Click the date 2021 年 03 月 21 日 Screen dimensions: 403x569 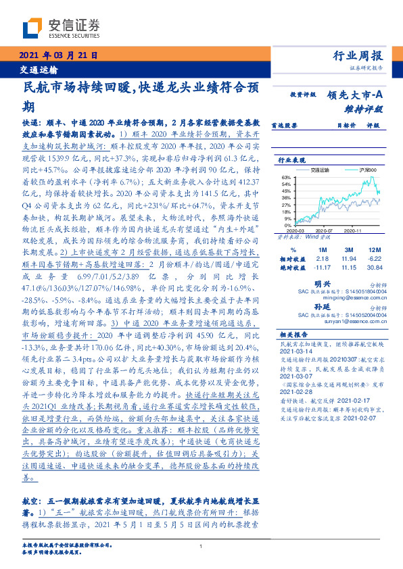pyautogui.click(x=56, y=55)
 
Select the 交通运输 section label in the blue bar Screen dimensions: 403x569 pyautogui.click(x=37, y=70)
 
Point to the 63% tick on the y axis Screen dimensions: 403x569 pyautogui.click(x=285, y=177)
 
